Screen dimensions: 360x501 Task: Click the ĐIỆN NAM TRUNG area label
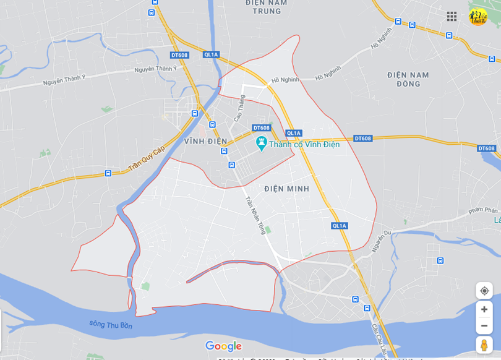(267, 7)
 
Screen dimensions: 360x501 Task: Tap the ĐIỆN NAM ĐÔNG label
(408, 79)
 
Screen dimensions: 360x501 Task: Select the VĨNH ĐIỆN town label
(205, 141)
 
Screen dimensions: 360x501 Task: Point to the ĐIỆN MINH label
(286, 189)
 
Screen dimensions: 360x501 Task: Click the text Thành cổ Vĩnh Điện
(304, 144)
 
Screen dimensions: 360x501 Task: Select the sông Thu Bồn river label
(111, 324)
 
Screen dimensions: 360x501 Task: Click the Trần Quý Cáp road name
(147, 159)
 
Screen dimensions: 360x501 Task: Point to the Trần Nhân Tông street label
(255, 215)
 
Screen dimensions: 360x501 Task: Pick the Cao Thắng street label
(239, 108)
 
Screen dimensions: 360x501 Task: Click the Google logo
(223, 346)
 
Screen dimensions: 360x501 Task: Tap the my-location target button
(484, 291)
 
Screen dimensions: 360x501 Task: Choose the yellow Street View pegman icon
(484, 345)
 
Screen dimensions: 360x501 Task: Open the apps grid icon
(452, 17)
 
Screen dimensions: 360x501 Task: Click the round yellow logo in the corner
(477, 17)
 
